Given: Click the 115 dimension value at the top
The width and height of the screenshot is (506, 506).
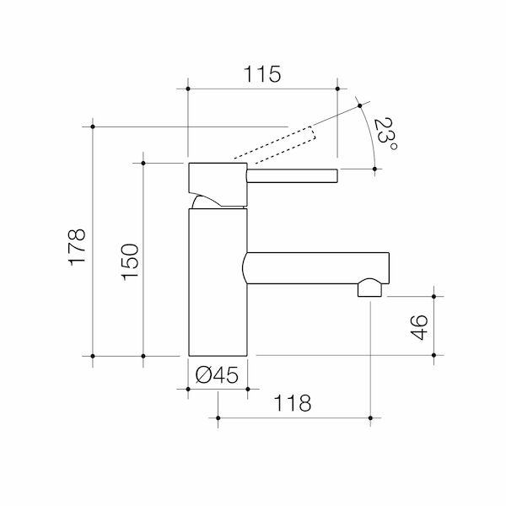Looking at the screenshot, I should [261, 73].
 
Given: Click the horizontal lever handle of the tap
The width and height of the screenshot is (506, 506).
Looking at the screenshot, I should [291, 175].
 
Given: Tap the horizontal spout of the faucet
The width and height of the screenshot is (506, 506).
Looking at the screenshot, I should [316, 267].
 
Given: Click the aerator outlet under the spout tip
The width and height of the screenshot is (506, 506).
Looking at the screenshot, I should [369, 289].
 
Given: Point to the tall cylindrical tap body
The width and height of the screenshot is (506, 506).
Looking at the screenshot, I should [218, 283].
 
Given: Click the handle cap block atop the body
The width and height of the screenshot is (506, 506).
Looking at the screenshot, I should [217, 179].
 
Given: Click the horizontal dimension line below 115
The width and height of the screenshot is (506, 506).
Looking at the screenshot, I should [261, 88].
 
